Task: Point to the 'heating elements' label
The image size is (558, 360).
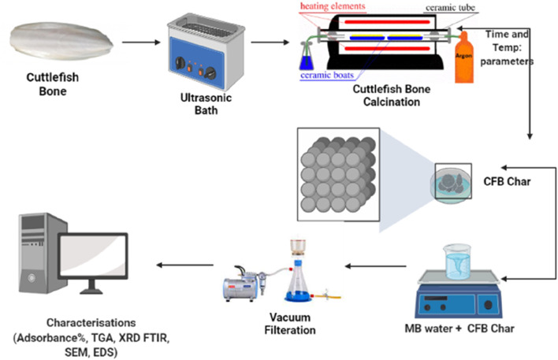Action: (x=332, y=7)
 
